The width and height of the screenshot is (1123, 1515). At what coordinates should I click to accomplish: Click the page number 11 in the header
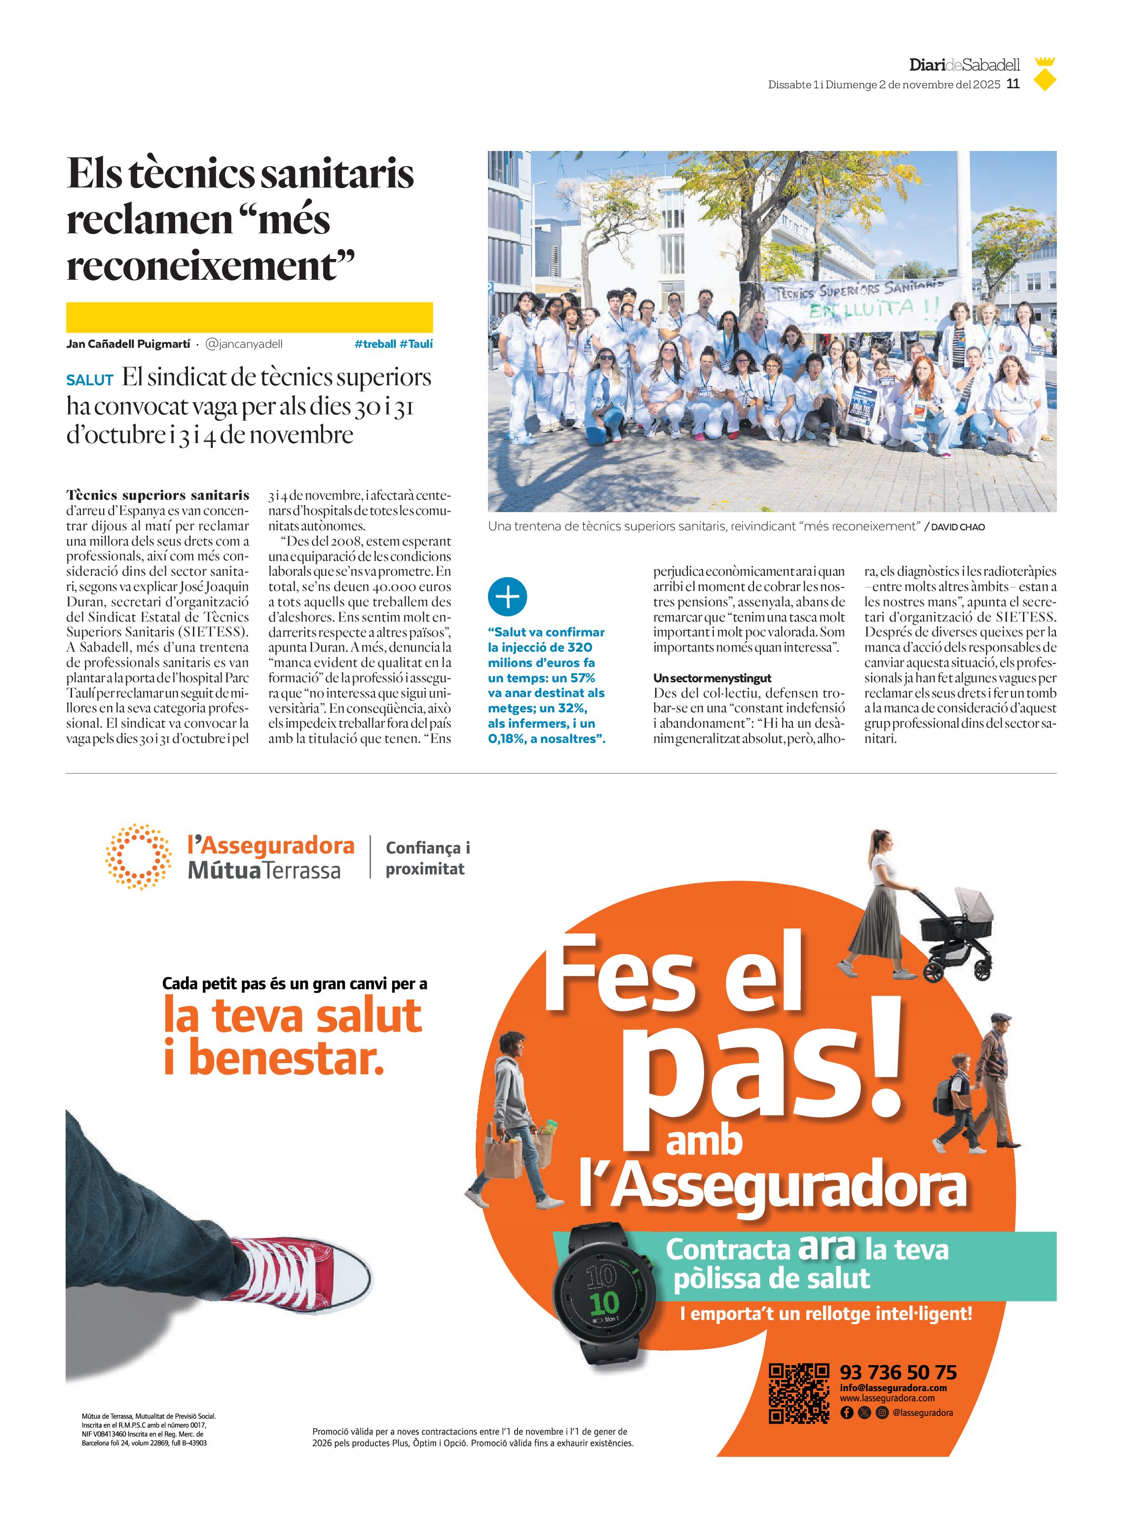(1013, 84)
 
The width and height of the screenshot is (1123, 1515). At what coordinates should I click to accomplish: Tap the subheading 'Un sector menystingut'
(711, 678)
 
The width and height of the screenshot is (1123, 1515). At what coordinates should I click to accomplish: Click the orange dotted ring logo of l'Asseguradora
(138, 856)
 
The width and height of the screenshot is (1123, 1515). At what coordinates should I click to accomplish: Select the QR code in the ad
(799, 1393)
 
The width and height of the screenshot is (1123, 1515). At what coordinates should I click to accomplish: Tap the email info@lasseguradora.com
(893, 1388)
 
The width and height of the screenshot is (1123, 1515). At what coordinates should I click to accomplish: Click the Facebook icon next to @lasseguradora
(846, 1412)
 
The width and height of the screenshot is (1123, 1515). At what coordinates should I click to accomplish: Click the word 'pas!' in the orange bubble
(768, 1074)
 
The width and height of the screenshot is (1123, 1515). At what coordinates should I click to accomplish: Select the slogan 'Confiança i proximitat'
(428, 858)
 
